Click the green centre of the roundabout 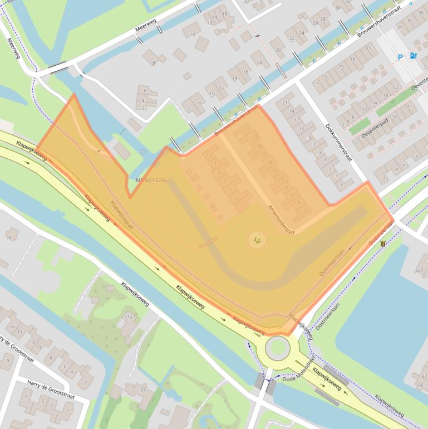(277, 348)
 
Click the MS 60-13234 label (151, 181)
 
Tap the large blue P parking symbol (400, 57)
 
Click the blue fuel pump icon (412, 56)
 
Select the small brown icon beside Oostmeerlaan (383, 244)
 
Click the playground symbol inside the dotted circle (257, 240)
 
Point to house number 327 (419, 270)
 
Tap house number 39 (8, 238)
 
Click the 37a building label (128, 317)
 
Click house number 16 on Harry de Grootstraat (12, 326)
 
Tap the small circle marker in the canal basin (142, 152)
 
